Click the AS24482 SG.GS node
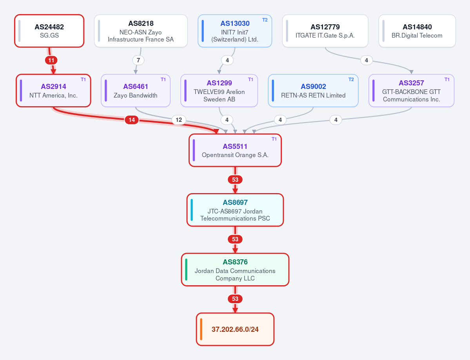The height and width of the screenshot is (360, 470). click(49, 31)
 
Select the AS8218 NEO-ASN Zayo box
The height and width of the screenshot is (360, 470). click(141, 31)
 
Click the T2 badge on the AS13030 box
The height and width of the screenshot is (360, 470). click(265, 20)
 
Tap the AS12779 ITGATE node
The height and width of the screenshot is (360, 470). click(325, 31)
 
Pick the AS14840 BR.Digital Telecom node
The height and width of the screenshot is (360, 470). click(417, 31)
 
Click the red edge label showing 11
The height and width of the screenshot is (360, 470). click(51, 60)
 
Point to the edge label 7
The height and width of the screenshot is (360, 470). click(138, 60)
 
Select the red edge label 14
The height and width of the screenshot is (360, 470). click(132, 120)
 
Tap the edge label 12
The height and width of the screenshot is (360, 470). click(179, 120)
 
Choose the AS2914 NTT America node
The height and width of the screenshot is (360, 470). click(53, 90)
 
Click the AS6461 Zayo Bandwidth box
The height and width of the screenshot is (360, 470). click(136, 90)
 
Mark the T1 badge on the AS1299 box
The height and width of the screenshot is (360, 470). click(250, 80)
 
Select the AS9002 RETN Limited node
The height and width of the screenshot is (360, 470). click(313, 90)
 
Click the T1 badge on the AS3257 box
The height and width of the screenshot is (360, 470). click(447, 80)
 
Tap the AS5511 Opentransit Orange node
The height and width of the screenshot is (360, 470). click(235, 150)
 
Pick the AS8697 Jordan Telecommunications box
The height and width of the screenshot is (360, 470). click(235, 210)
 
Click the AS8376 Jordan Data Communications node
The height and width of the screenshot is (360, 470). click(235, 270)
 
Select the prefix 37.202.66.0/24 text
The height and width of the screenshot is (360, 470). click(235, 329)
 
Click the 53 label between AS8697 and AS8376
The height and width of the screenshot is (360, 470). click(235, 239)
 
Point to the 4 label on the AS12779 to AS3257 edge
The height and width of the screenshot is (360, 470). click(366, 60)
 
